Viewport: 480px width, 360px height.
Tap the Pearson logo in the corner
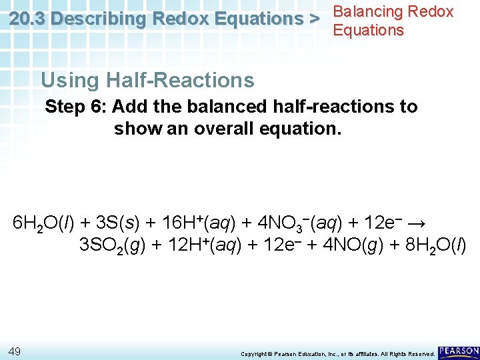click(x=459, y=351)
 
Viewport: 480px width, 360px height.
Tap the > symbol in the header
click(x=312, y=19)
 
